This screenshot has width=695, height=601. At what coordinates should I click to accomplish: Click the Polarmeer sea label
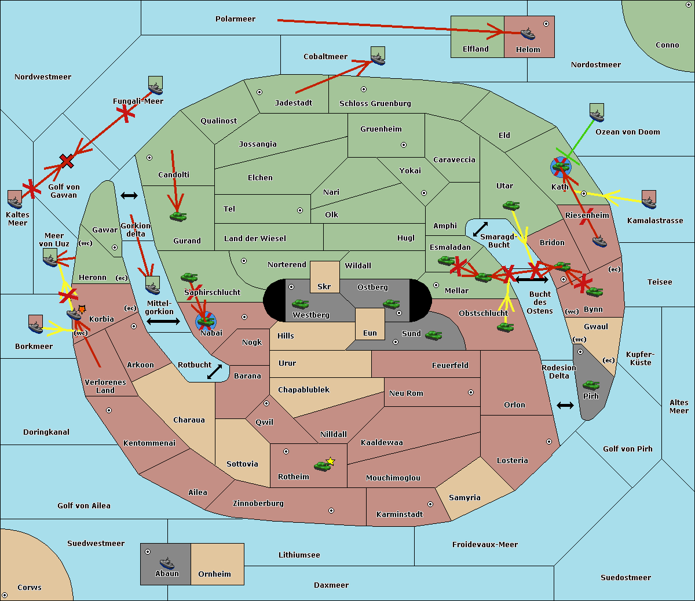pyautogui.click(x=235, y=19)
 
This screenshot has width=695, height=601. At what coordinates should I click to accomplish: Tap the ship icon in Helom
pyautogui.click(x=528, y=34)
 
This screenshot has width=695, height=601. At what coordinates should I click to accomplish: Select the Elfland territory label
pyautogui.click(x=475, y=49)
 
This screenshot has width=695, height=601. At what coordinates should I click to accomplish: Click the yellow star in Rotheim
pyautogui.click(x=331, y=461)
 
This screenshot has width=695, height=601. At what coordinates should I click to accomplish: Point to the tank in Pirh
pyautogui.click(x=591, y=385)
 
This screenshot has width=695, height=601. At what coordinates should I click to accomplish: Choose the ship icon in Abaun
pyautogui.click(x=167, y=563)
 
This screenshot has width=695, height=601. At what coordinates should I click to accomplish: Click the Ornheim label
pyautogui.click(x=214, y=574)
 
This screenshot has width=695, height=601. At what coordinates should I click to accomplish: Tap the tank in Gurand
pyautogui.click(x=178, y=216)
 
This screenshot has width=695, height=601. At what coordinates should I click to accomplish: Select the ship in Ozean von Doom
pyautogui.click(x=597, y=114)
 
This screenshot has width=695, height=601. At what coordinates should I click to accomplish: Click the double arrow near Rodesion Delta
pyautogui.click(x=565, y=405)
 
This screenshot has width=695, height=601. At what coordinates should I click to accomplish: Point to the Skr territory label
pyautogui.click(x=324, y=287)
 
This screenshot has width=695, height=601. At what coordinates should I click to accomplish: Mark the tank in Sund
pyautogui.click(x=434, y=335)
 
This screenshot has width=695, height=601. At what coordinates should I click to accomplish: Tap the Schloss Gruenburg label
pyautogui.click(x=375, y=104)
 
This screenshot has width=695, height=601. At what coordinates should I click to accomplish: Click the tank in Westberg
pyautogui.click(x=300, y=304)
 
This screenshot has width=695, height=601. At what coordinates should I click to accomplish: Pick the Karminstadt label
pyautogui.click(x=400, y=515)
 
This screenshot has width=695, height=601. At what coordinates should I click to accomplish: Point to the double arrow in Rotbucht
pyautogui.click(x=215, y=372)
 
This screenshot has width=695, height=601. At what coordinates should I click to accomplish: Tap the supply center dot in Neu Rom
pyautogui.click(x=471, y=392)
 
